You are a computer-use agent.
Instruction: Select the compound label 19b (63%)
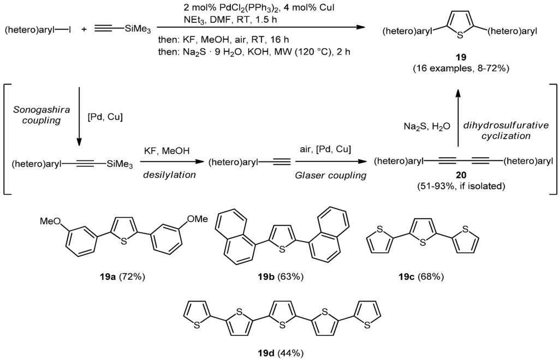[x=281, y=277]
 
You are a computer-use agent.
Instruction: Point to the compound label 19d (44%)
[x=281, y=352]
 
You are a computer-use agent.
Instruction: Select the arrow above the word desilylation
[x=170, y=162]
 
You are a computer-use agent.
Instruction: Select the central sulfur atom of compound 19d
[x=282, y=326]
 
